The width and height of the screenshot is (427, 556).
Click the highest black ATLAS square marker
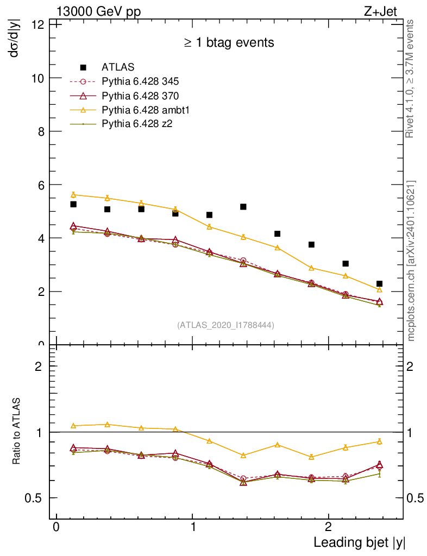tap(73, 204)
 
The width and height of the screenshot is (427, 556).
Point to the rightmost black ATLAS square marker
tap(379, 284)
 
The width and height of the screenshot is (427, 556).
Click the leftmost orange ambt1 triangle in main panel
tap(73, 195)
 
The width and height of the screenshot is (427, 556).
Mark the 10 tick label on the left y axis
tap(39, 78)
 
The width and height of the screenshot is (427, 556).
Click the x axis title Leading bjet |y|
tap(359, 542)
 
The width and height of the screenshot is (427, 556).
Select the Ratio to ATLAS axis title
tap(17, 432)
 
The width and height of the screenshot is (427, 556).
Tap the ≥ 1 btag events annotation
tap(229, 42)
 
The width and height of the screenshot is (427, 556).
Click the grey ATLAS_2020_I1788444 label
tap(225, 325)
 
